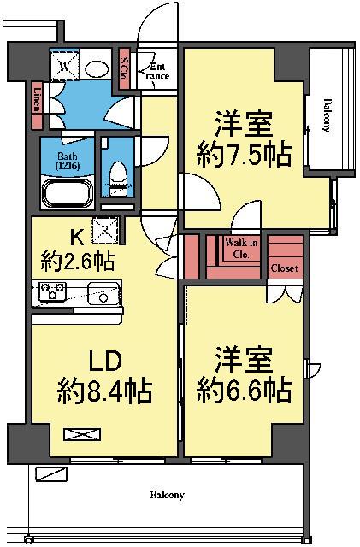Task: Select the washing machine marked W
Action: point(65,66)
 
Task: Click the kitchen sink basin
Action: point(103,295)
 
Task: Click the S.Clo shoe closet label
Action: point(124,66)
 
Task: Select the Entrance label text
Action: point(159,71)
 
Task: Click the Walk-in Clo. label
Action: point(237,249)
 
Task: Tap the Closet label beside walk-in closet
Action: point(284,268)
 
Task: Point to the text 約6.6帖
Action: point(244,391)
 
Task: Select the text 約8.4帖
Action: point(105,391)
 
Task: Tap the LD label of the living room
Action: point(103,357)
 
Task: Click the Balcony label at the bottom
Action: point(168,495)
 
